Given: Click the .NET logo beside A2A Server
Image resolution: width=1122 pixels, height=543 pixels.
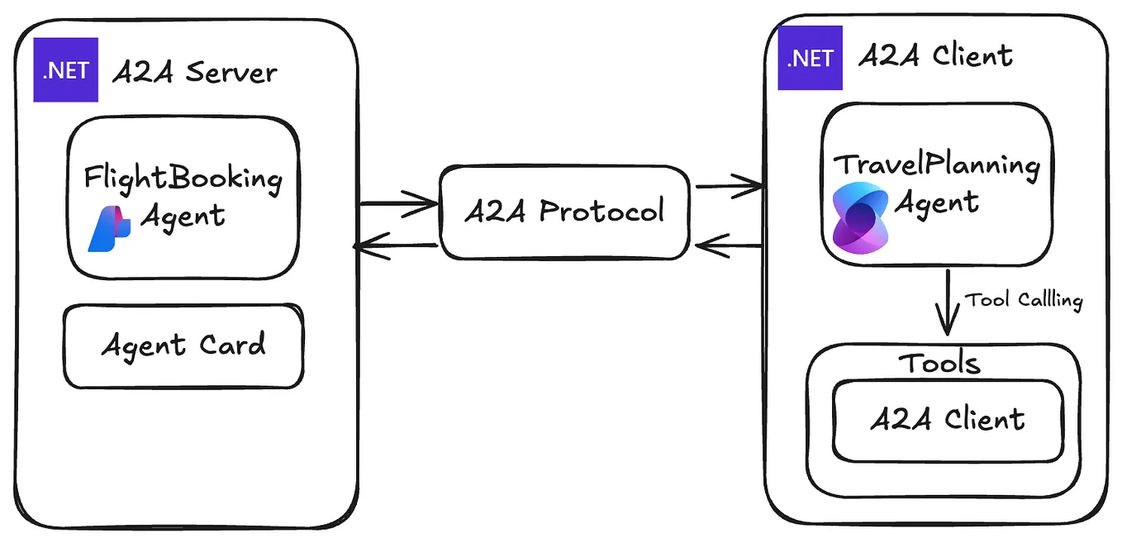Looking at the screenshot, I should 65,70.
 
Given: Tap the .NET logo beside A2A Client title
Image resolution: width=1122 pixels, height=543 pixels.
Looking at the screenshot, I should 810,58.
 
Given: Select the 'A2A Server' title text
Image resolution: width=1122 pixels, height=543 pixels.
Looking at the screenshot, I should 194,73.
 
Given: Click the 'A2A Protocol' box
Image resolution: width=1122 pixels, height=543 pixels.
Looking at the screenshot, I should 564,212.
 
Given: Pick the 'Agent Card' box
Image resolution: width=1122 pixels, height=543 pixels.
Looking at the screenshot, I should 183,345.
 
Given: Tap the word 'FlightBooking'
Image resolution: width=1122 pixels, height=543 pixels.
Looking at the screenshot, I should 183,178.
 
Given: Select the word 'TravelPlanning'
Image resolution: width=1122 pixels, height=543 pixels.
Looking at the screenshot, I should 937,165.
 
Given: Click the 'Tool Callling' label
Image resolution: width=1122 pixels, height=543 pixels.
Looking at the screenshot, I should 1024,299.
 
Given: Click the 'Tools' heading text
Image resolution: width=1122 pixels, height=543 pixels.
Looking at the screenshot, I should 939,364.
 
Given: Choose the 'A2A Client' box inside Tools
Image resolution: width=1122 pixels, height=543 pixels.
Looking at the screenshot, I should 948,420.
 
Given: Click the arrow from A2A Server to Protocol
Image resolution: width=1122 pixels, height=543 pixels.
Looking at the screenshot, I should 398,202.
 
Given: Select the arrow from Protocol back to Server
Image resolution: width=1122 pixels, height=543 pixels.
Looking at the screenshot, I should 395,245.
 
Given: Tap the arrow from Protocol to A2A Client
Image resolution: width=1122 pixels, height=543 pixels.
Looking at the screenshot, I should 729,187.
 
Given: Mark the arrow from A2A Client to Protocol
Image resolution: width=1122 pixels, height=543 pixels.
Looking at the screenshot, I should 729,245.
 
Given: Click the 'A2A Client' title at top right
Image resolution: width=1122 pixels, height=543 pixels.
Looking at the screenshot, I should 935,56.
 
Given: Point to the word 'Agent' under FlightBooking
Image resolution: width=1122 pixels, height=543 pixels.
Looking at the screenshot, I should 183,217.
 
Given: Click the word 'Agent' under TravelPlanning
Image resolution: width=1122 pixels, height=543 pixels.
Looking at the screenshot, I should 937,202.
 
